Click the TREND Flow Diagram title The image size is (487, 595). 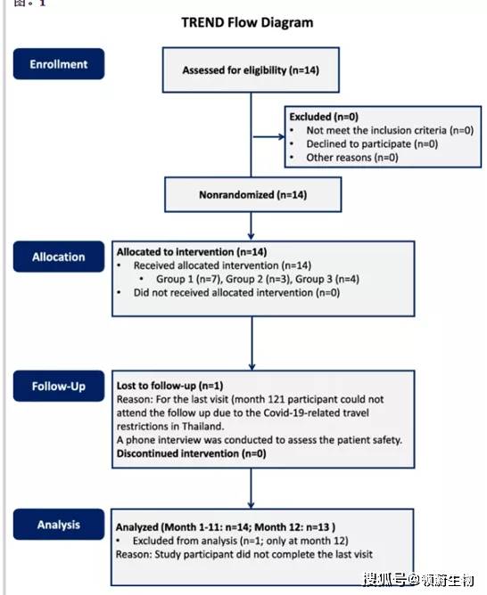pos(247,23)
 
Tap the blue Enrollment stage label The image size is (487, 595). pos(59,64)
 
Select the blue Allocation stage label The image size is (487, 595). pos(59,257)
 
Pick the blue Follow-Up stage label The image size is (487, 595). pos(59,386)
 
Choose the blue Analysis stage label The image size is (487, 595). pos(59,525)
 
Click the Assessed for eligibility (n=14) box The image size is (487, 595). pos(251,69)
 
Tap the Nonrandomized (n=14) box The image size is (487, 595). pos(253,195)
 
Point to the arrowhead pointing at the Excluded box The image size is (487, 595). pos(282,136)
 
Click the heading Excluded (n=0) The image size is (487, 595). pos(324,117)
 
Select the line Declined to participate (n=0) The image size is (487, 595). pos(372,143)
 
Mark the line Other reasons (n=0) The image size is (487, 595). pos(352,158)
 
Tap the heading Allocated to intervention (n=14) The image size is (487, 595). pos(192,251)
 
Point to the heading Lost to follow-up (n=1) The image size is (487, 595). pos(169,386)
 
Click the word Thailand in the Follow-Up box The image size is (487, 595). pos(202,426)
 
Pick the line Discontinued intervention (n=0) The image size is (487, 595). pos(192,453)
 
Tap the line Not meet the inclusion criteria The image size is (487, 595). pos(390,130)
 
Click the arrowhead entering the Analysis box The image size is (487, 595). pos(251,505)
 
